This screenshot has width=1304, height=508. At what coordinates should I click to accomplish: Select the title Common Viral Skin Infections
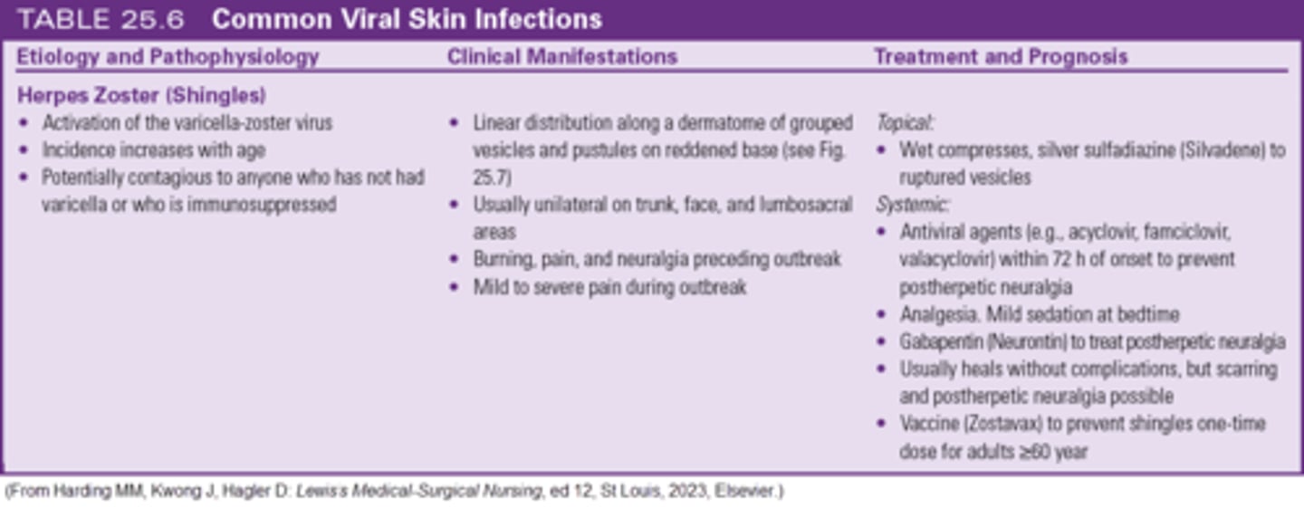407,19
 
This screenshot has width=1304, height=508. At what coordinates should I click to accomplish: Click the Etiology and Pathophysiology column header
168,57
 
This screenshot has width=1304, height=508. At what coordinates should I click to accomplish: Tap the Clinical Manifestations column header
562,57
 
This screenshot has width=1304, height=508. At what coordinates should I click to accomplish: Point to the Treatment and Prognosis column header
1001,57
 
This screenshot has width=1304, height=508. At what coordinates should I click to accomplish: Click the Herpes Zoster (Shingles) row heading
141,96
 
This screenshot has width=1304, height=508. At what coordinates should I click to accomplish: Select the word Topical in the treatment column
904,123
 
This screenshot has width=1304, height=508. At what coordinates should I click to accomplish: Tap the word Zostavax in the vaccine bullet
1009,424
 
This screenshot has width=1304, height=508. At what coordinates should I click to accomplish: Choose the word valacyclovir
944,260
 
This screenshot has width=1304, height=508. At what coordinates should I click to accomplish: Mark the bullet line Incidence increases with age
153,150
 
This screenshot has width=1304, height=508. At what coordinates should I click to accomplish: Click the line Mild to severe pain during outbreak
609,287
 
